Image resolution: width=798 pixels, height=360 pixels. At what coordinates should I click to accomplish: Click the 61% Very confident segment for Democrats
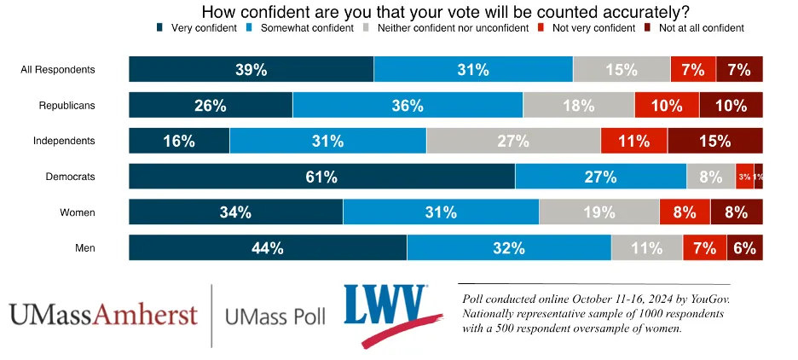321,177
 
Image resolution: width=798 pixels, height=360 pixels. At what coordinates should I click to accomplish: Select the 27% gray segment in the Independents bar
513,141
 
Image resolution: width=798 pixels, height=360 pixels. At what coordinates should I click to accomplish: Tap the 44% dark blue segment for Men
268,248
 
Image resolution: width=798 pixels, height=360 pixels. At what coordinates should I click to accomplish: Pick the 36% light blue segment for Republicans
408,106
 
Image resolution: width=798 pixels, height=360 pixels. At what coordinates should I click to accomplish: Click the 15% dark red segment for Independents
714,141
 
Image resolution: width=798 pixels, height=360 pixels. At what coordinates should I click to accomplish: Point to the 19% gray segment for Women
598,212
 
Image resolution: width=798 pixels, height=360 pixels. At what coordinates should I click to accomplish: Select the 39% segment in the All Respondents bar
251,70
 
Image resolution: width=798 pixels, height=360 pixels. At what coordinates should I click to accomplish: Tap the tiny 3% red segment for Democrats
744,177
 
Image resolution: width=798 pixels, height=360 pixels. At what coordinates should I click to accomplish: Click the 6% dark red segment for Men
744,248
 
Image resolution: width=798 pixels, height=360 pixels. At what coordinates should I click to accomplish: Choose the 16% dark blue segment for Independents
179,141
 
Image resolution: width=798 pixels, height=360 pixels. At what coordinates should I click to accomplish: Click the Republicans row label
66,105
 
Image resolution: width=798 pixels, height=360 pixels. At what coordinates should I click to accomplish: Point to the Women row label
77,212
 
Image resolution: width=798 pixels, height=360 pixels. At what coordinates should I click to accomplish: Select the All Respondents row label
57,69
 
